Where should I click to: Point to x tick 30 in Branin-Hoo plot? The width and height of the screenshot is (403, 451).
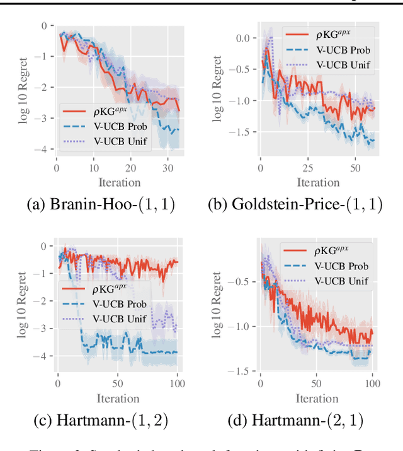click(167, 169)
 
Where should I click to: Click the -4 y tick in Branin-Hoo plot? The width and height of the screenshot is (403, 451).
click(42, 149)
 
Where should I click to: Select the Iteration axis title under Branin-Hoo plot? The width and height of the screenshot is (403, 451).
click(118, 182)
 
